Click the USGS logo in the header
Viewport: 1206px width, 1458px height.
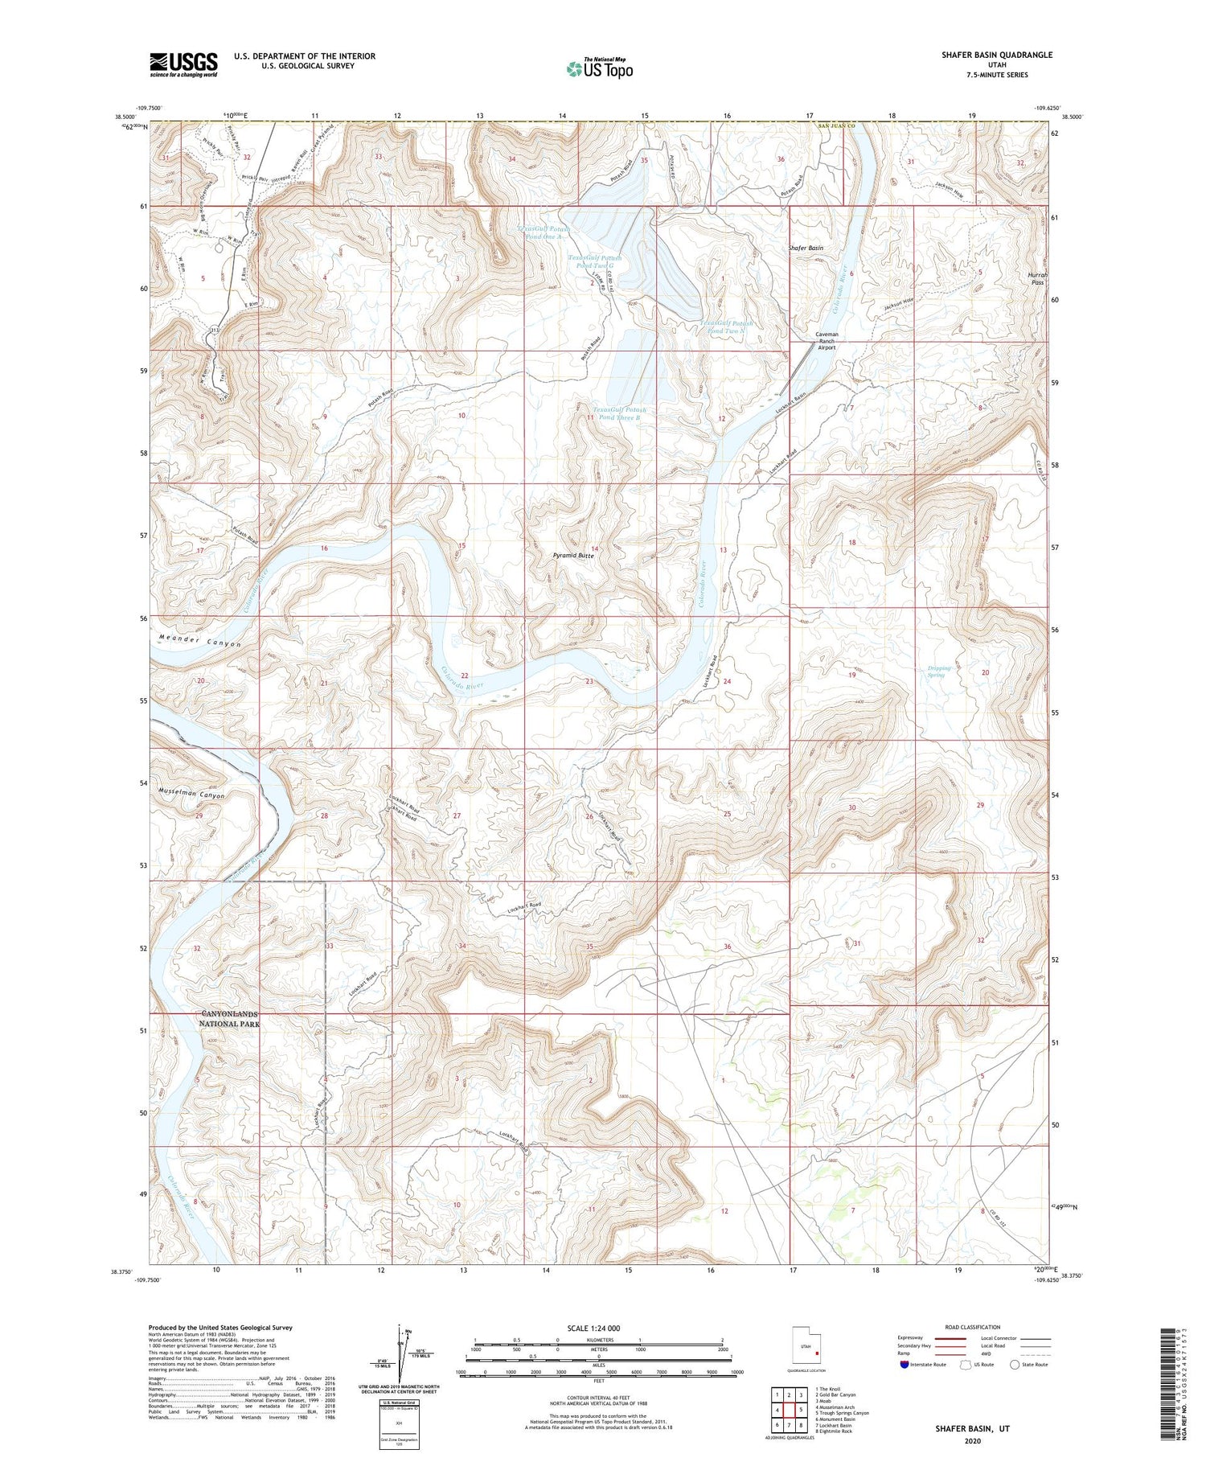point(183,64)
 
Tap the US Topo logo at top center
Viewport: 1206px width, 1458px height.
point(599,68)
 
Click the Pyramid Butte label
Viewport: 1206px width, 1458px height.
point(573,556)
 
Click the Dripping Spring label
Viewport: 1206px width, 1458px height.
point(939,671)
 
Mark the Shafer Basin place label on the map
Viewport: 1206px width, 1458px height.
point(806,248)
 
